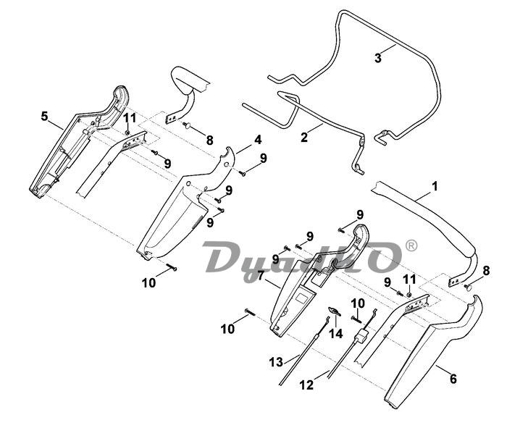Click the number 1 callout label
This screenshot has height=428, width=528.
pyautogui.click(x=435, y=186)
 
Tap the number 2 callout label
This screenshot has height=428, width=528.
pyautogui.click(x=304, y=135)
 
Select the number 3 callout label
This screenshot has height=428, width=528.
pyautogui.click(x=377, y=58)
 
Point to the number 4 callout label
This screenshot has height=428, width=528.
pyautogui.click(x=257, y=139)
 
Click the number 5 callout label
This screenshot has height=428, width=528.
pyautogui.click(x=44, y=116)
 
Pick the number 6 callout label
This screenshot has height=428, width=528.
pyautogui.click(x=453, y=378)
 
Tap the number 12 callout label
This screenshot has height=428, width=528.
pyautogui.click(x=307, y=385)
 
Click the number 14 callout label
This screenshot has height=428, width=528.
pyautogui.click(x=335, y=333)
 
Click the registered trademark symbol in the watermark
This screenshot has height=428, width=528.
pyautogui.click(x=411, y=246)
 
